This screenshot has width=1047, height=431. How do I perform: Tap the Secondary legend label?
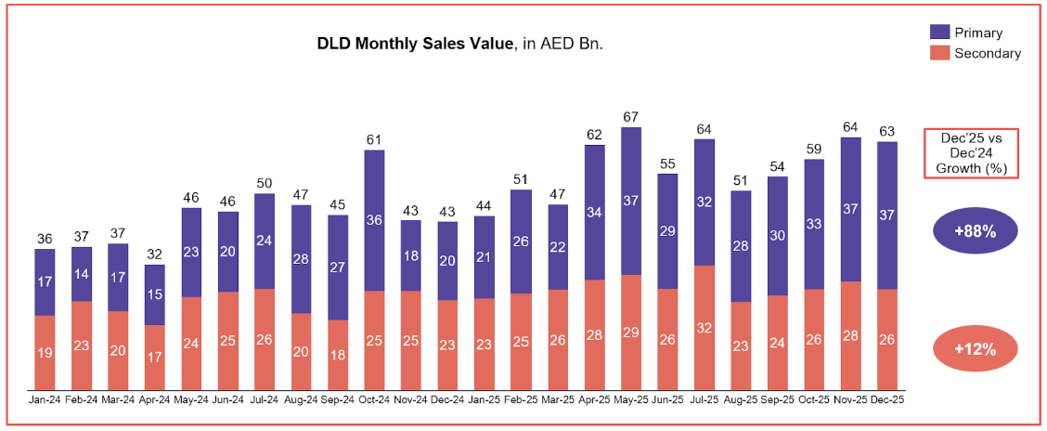pyautogui.click(x=987, y=53)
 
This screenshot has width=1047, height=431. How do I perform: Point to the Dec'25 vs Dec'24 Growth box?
pyautogui.click(x=972, y=153)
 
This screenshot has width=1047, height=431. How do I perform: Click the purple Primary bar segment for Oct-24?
pyautogui.click(x=374, y=220)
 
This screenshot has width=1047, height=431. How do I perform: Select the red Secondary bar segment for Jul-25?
pyautogui.click(x=704, y=327)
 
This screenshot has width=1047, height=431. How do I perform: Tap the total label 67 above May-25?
pyautogui.click(x=631, y=117)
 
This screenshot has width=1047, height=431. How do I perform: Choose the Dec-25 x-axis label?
pyautogui.click(x=886, y=399)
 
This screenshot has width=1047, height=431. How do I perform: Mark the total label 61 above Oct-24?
pyautogui.click(x=374, y=140)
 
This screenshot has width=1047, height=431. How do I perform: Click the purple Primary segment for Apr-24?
pyautogui.click(x=154, y=294)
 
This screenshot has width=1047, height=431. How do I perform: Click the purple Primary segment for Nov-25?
pyautogui.click(x=851, y=209)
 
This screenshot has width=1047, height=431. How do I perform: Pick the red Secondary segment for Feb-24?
pyautogui.click(x=82, y=345)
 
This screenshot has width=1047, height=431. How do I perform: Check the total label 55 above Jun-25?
pyautogui.click(x=667, y=163)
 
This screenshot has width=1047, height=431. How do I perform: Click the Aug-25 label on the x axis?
pyautogui.click(x=740, y=399)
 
